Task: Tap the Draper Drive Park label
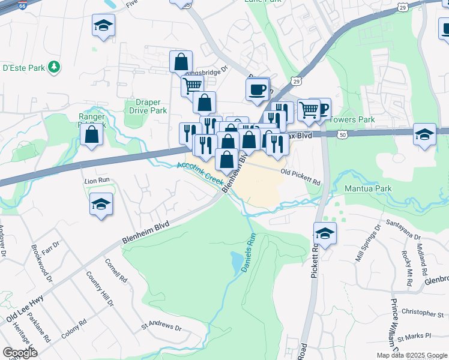tap(148, 106)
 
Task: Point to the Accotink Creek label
tap(200, 172)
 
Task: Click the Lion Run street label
tap(96, 180)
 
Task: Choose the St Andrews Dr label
tap(161, 328)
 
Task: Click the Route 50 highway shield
tap(342, 136)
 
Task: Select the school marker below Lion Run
tap(101, 204)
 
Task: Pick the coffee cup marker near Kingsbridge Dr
tap(257, 89)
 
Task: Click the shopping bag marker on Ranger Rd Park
tap(91, 134)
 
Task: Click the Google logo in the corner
tap(20, 352)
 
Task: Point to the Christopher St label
tap(422, 313)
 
